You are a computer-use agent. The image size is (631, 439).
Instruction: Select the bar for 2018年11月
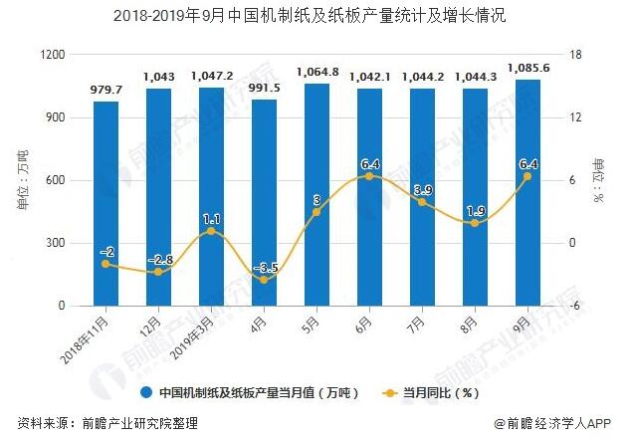(x=106, y=204)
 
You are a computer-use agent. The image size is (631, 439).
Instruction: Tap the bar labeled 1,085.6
(x=527, y=193)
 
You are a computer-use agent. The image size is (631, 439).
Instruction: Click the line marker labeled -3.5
(x=264, y=280)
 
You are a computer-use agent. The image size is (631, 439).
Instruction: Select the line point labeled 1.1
(x=211, y=231)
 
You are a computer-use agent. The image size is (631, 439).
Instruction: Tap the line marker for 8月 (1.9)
(x=475, y=223)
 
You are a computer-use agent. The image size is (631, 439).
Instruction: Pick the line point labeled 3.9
(x=422, y=202)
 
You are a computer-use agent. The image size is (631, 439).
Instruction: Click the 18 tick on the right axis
(x=572, y=55)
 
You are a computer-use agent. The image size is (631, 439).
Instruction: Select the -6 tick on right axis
(x=572, y=307)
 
